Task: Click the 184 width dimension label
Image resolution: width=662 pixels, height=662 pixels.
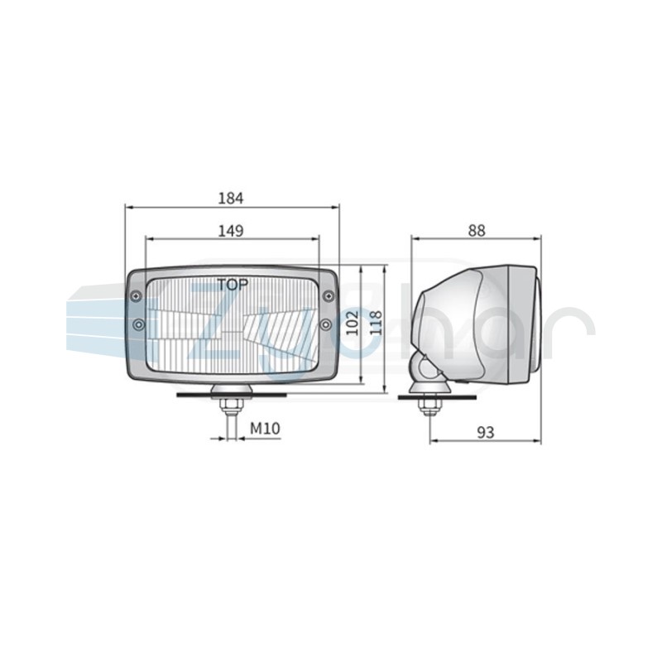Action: tap(231, 198)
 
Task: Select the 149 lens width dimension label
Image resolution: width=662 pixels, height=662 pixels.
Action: tap(231, 231)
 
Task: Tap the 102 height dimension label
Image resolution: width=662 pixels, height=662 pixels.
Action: tap(353, 323)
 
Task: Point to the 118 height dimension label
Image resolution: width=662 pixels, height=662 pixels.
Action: tap(376, 323)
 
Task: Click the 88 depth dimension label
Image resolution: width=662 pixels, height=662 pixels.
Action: tap(477, 231)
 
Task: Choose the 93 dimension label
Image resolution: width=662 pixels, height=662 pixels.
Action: tap(486, 432)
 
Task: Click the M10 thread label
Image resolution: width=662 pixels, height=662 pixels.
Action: tap(265, 429)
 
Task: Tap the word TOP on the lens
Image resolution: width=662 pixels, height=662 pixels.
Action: tap(233, 285)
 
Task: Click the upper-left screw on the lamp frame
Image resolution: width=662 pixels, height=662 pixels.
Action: tap(136, 296)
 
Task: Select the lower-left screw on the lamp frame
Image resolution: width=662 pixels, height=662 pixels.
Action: tap(138, 324)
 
